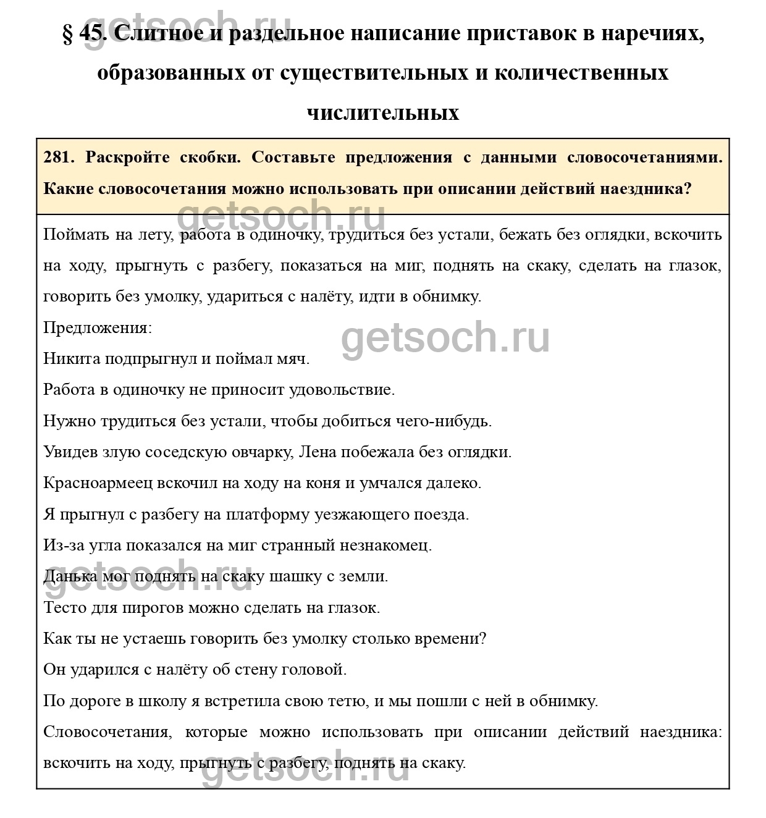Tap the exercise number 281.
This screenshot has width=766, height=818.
click(x=59, y=157)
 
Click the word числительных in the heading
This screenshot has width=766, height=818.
click(x=383, y=113)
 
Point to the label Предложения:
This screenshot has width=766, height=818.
click(x=97, y=327)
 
